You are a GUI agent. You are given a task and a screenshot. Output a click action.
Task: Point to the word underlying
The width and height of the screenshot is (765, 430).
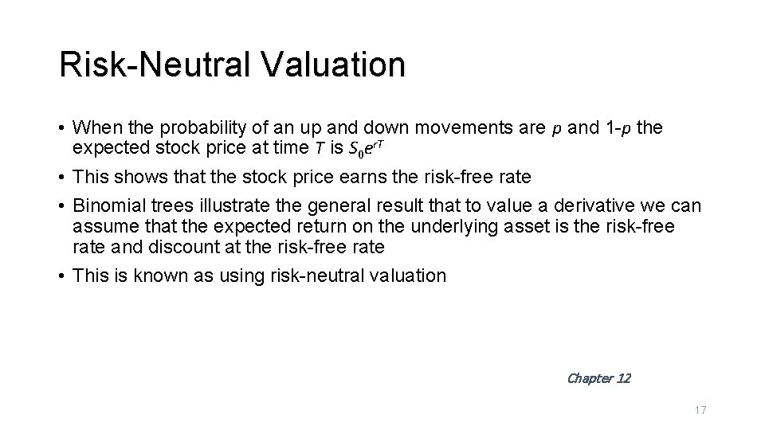(x=441, y=227)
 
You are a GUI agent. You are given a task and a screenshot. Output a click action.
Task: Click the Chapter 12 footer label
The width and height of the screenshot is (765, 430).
(x=598, y=378)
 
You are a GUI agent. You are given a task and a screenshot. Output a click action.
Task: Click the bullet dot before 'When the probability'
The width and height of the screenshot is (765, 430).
(x=62, y=127)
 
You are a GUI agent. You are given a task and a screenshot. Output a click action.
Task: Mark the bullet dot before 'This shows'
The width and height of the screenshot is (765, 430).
(x=62, y=177)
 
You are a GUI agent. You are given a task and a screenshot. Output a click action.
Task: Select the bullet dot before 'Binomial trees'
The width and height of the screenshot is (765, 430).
(x=62, y=207)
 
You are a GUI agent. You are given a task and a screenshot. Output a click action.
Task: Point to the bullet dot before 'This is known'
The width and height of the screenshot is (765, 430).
(x=62, y=276)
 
